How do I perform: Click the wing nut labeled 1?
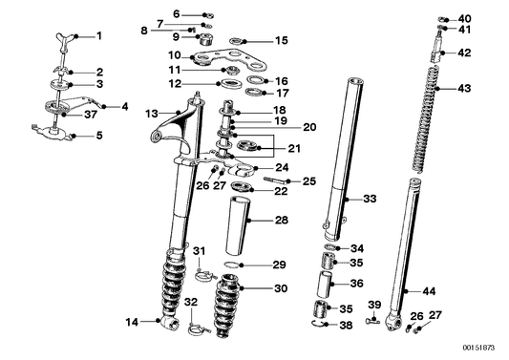(64, 37)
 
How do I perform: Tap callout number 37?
(91, 115)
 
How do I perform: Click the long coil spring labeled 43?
(426, 118)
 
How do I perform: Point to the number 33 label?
(370, 199)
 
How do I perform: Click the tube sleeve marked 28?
(238, 226)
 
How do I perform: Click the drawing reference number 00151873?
(478, 348)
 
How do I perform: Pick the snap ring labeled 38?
(317, 323)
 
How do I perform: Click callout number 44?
(429, 291)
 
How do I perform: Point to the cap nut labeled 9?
(205, 40)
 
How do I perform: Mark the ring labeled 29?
(232, 265)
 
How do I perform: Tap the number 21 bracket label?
(294, 149)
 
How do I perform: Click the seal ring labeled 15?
(236, 41)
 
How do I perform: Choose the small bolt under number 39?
(372, 322)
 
